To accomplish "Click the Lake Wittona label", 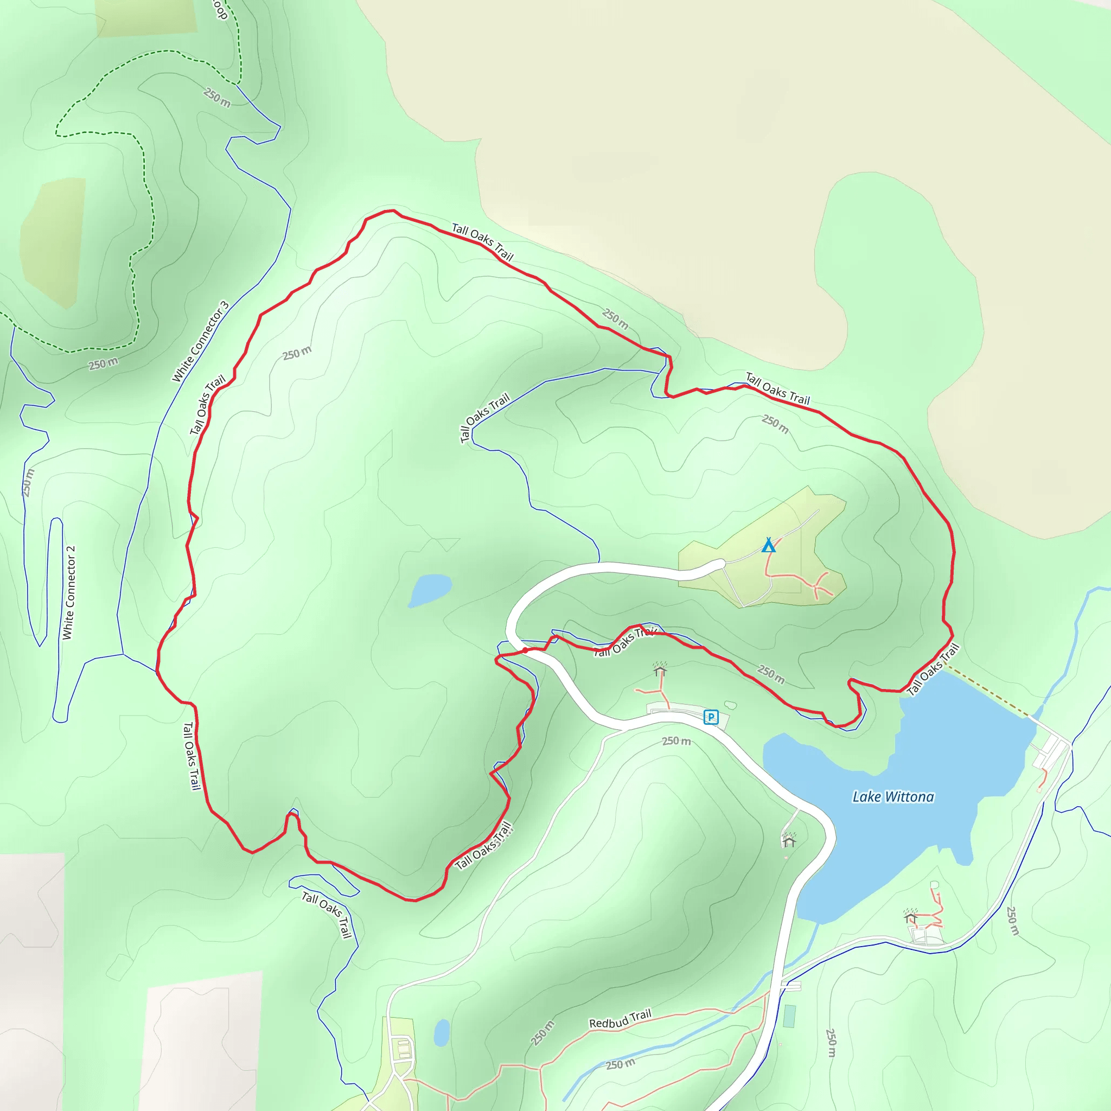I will click(892, 796).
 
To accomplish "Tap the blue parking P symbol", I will click(711, 717).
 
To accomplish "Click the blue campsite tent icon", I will click(768, 545).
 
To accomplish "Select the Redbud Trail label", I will click(620, 1019).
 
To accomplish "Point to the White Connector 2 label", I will click(69, 592).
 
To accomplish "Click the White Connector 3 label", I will click(200, 342).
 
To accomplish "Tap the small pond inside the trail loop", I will click(430, 590).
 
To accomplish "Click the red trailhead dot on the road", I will click(525, 650).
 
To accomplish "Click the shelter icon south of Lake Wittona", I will click(910, 917).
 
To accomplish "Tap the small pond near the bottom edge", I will click(441, 1033).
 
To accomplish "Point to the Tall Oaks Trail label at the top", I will click(482, 242).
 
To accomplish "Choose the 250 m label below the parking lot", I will click(676, 740).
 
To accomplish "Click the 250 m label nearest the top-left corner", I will click(217, 97).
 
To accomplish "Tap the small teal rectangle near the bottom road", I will click(789, 1016).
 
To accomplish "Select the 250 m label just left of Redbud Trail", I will click(543, 1033).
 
